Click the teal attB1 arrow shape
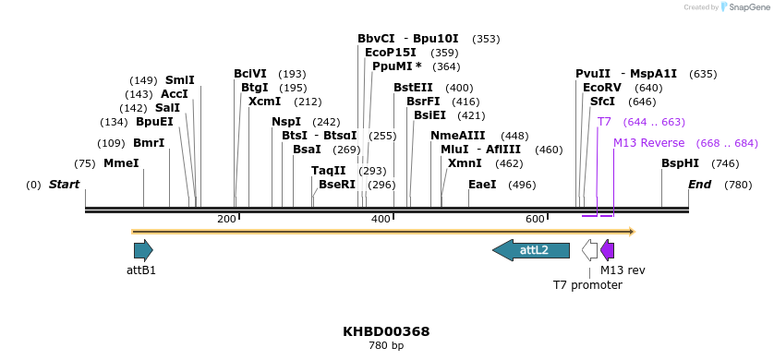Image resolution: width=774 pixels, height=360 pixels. (143, 249)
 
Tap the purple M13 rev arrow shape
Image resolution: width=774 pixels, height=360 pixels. (607, 249)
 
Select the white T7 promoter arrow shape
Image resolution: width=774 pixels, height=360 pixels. (589, 249)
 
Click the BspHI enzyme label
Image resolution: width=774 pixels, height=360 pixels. (680, 163)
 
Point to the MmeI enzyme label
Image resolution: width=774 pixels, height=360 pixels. (121, 163)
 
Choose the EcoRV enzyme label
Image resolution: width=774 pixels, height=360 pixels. (601, 88)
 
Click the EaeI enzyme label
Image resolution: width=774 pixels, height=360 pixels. (482, 185)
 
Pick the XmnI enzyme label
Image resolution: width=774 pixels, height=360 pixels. (465, 163)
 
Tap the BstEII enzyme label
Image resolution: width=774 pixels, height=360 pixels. (413, 88)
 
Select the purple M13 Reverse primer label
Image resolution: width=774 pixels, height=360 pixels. (649, 143)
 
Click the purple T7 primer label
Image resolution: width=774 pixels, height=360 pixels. (604, 122)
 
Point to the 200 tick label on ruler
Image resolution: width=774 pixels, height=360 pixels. (226, 219)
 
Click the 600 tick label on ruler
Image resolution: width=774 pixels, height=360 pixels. (535, 219)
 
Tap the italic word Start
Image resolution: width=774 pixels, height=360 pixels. (64, 185)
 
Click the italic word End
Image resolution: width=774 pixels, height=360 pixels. (699, 185)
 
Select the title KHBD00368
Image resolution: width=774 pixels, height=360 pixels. (386, 331)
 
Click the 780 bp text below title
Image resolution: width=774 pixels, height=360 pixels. (386, 346)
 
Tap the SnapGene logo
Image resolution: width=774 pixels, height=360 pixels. (738, 7)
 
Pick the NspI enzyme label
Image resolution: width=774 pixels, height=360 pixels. (286, 122)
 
